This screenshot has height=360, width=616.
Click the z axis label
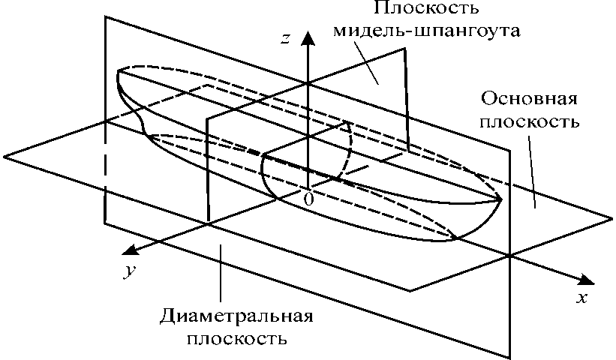[x=285, y=39]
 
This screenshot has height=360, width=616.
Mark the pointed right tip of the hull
[x=500, y=199]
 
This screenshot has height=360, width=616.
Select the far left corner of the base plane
[x=5, y=156]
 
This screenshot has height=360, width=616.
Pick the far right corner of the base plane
[x=611, y=218]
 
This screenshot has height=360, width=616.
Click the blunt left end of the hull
[x=120, y=74]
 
